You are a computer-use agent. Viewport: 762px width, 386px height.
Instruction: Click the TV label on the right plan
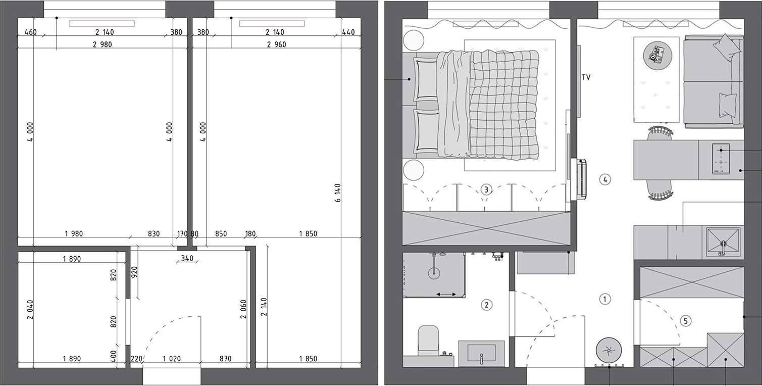pyautogui.click(x=586, y=78)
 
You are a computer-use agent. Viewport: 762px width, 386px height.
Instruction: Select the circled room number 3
pyautogui.click(x=485, y=190)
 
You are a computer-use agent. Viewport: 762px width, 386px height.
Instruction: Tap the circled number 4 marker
pyautogui.click(x=605, y=179)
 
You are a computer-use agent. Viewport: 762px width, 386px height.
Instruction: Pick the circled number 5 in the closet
pyautogui.click(x=685, y=320)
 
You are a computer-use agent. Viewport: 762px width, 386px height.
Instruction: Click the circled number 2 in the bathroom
pyautogui.click(x=486, y=305)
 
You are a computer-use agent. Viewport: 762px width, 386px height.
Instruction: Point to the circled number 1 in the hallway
pyautogui.click(x=604, y=299)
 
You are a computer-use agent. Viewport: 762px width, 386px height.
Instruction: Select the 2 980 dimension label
pyautogui.click(x=102, y=44)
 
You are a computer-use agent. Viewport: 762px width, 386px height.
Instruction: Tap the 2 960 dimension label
pyautogui.click(x=276, y=44)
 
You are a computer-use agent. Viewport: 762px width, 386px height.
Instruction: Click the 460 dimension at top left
pyautogui.click(x=30, y=32)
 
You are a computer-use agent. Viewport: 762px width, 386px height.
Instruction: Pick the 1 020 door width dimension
pyautogui.click(x=171, y=359)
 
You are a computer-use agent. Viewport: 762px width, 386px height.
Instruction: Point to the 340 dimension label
pyautogui.click(x=186, y=259)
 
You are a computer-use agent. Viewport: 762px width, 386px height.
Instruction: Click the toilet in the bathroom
pyautogui.click(x=429, y=339)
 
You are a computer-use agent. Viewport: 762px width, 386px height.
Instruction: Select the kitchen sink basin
pyautogui.click(x=723, y=243)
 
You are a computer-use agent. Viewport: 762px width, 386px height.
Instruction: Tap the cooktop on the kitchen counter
pyautogui.click(x=721, y=158)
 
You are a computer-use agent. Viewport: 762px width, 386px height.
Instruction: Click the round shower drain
pyautogui.click(x=434, y=273)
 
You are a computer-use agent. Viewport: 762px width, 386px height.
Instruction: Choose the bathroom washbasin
pyautogui.click(x=481, y=353)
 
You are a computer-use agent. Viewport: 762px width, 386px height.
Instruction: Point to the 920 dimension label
pyautogui.click(x=134, y=272)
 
